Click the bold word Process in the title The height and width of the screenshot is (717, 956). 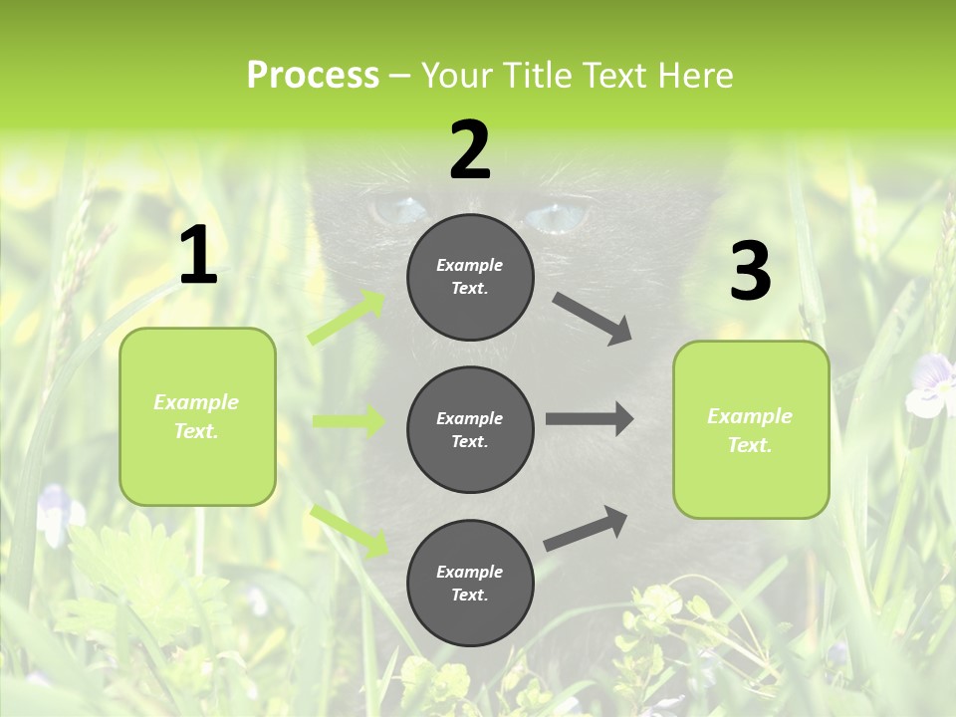coord(313,75)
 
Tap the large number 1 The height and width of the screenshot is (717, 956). coord(198,256)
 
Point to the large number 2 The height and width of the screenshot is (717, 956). coord(470,150)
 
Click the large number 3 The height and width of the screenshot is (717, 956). coord(750,271)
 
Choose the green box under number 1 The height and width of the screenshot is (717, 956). coord(197,416)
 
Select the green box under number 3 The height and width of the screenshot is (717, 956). coord(751,429)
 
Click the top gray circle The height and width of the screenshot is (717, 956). coord(470,277)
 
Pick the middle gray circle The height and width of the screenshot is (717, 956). coord(470,429)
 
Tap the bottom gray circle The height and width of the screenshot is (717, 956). coord(470,583)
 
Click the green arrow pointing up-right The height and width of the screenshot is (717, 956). coord(347,318)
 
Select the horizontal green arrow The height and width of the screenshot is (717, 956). coord(349,421)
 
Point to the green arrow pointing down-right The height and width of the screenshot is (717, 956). coord(350,530)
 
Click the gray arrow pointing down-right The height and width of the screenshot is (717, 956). coord(593,319)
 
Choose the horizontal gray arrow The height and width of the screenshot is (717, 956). coord(590,418)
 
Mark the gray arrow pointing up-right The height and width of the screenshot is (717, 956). coord(586,528)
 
